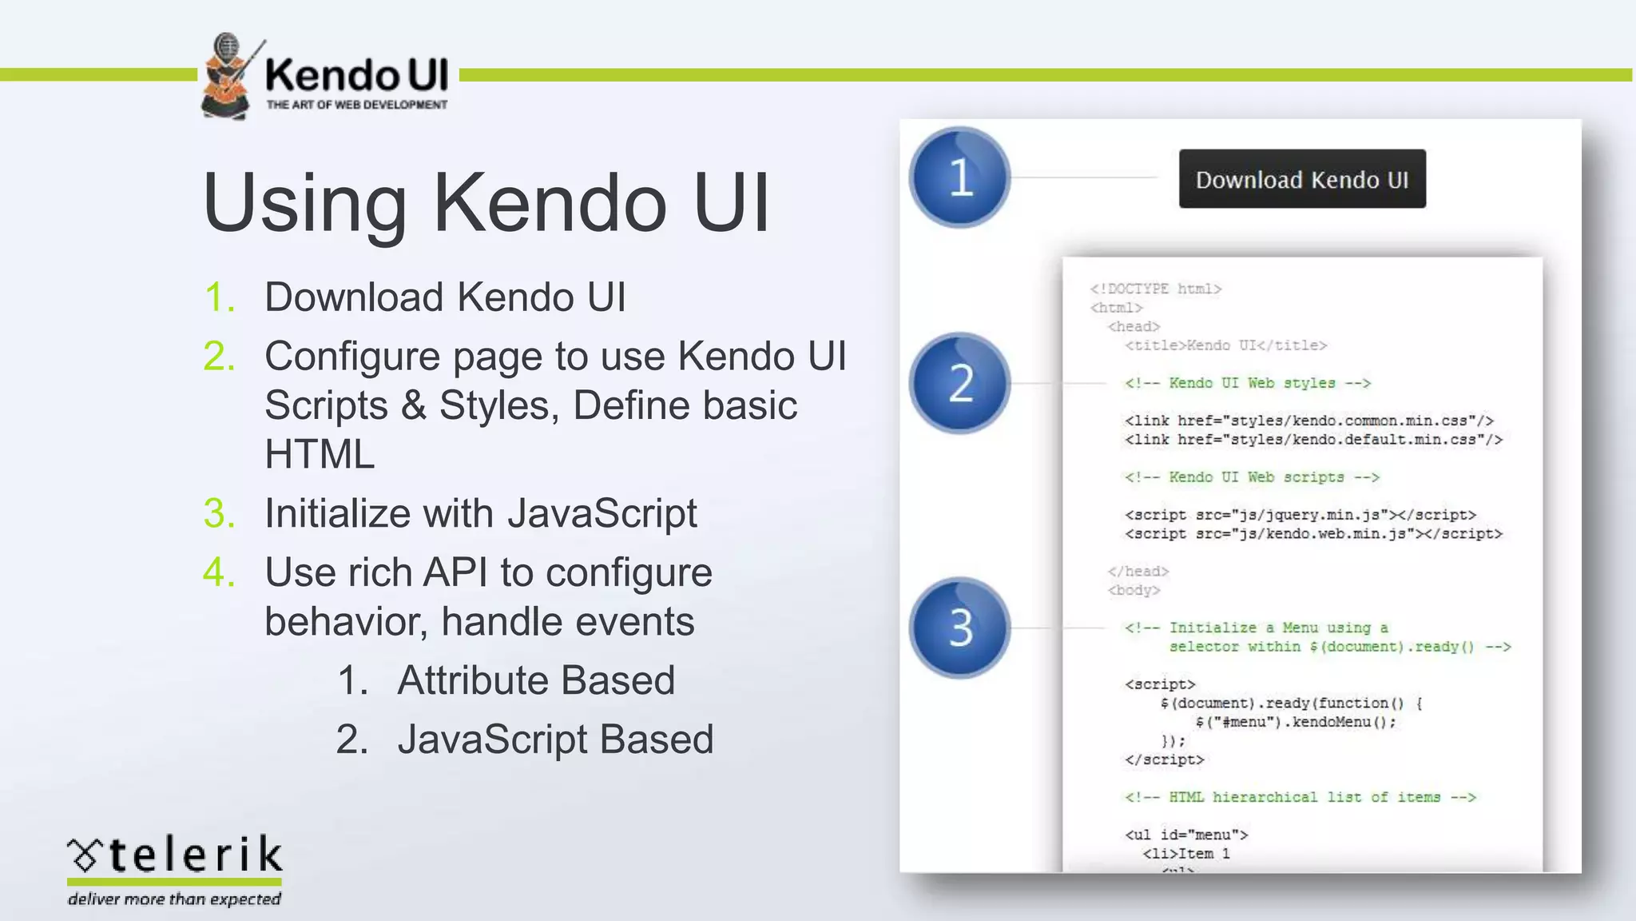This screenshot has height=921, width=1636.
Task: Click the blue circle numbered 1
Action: click(959, 177)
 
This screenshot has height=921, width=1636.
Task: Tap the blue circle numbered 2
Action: click(959, 383)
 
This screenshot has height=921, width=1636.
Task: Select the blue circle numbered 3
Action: click(959, 628)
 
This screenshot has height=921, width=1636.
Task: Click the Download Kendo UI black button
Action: click(1302, 179)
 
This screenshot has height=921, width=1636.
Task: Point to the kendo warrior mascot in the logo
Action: click(228, 76)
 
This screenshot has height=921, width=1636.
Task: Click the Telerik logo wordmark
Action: click(176, 855)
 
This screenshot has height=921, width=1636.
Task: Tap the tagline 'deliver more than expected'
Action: click(174, 899)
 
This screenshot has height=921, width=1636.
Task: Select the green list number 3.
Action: click(219, 513)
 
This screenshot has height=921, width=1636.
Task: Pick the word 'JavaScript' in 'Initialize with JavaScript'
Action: click(602, 513)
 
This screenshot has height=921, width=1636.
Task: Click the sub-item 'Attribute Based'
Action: click(535, 680)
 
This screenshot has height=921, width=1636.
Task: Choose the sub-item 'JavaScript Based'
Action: click(555, 740)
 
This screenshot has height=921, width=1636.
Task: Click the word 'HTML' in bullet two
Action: click(320, 454)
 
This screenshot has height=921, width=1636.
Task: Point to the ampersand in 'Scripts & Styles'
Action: click(414, 405)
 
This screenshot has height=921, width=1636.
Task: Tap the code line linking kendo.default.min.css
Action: click(1313, 440)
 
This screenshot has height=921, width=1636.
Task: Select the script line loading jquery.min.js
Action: click(1300, 515)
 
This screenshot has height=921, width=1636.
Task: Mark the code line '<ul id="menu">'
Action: click(1186, 835)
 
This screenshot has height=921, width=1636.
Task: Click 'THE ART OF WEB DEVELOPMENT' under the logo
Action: click(356, 105)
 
